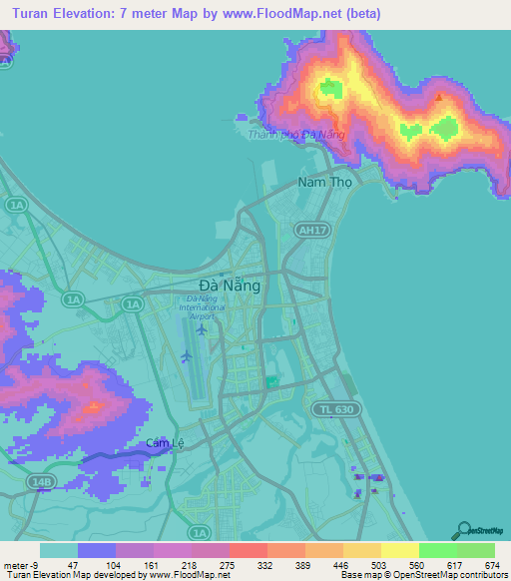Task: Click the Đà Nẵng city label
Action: pos(231,285)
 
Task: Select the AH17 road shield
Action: pos(312,231)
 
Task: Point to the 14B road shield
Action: pos(40,481)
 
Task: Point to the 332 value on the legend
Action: pos(266,564)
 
